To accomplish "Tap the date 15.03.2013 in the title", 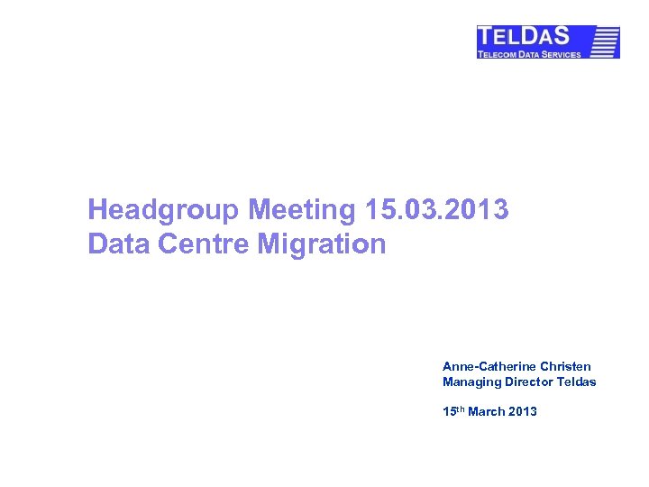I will (x=437, y=211).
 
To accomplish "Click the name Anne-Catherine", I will (x=489, y=367).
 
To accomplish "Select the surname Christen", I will (x=566, y=367).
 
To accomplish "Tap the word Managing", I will (x=471, y=382).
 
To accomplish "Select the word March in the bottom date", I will (x=488, y=412).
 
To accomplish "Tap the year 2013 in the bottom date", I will (x=523, y=412).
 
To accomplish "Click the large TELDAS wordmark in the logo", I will (x=524, y=37).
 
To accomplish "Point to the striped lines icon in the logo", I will (x=606, y=41).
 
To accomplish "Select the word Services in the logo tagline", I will (x=562, y=54).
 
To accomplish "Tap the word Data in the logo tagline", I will (x=533, y=54).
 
